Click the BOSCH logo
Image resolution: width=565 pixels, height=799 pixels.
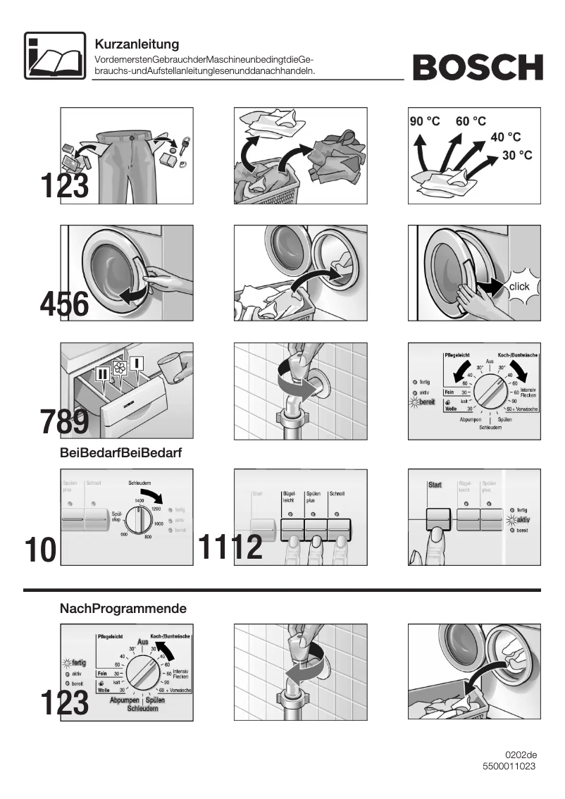[478, 68]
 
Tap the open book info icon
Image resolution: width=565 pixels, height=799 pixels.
[49, 56]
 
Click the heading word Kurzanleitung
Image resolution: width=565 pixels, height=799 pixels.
[137, 45]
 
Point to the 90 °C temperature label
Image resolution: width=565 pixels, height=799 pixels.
[425, 121]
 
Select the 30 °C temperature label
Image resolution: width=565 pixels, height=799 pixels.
[516, 155]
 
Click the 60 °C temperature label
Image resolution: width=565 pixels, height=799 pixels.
[471, 121]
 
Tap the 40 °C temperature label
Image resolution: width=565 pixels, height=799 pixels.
[505, 137]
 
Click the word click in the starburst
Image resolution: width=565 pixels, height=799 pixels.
[519, 286]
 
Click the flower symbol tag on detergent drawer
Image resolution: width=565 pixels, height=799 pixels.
[119, 368]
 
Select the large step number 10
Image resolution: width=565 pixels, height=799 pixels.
[39, 550]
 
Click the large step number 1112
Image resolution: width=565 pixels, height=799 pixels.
[230, 547]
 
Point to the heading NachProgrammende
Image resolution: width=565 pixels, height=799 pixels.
[123, 607]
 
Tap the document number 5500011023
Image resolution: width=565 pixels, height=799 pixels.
[509, 766]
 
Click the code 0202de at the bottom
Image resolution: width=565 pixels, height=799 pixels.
[521, 755]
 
